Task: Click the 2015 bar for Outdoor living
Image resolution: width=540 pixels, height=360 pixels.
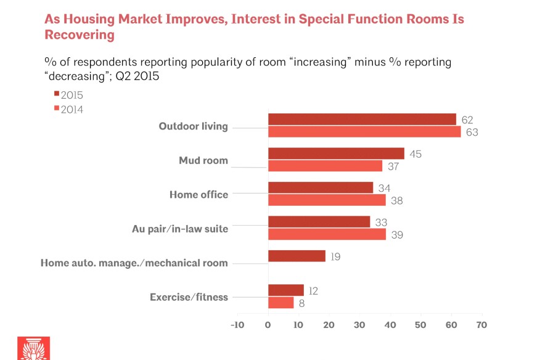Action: click(362, 119)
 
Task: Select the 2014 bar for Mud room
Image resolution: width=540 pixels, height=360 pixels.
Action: click(325, 166)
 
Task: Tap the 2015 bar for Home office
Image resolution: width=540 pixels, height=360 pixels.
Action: click(321, 188)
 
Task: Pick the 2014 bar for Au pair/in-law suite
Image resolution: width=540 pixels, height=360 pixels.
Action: click(327, 234)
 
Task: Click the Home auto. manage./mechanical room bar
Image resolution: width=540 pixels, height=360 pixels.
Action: click(297, 256)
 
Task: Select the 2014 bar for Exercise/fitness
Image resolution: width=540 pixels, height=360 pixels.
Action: click(281, 303)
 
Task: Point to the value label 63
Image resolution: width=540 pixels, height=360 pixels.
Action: click(472, 133)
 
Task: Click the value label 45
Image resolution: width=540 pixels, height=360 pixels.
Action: click(415, 154)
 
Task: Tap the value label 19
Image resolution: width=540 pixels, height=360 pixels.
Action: click(335, 256)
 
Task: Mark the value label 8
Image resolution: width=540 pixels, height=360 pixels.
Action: click(301, 303)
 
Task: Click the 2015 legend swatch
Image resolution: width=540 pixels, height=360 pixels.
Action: click(57, 93)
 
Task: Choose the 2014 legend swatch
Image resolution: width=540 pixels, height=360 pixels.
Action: click(57, 108)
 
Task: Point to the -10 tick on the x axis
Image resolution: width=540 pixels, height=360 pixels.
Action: click(237, 325)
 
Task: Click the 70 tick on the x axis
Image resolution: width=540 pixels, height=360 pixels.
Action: click(482, 325)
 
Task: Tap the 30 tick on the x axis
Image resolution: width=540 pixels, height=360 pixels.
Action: click(359, 325)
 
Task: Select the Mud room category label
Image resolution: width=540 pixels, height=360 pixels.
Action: click(203, 160)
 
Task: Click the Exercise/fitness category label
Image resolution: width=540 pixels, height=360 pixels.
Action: click(189, 297)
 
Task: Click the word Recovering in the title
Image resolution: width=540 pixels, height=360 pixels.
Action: click(80, 35)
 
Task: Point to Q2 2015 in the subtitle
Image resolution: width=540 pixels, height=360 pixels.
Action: click(137, 76)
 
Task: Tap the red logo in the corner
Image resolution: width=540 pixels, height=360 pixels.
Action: click(34, 348)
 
